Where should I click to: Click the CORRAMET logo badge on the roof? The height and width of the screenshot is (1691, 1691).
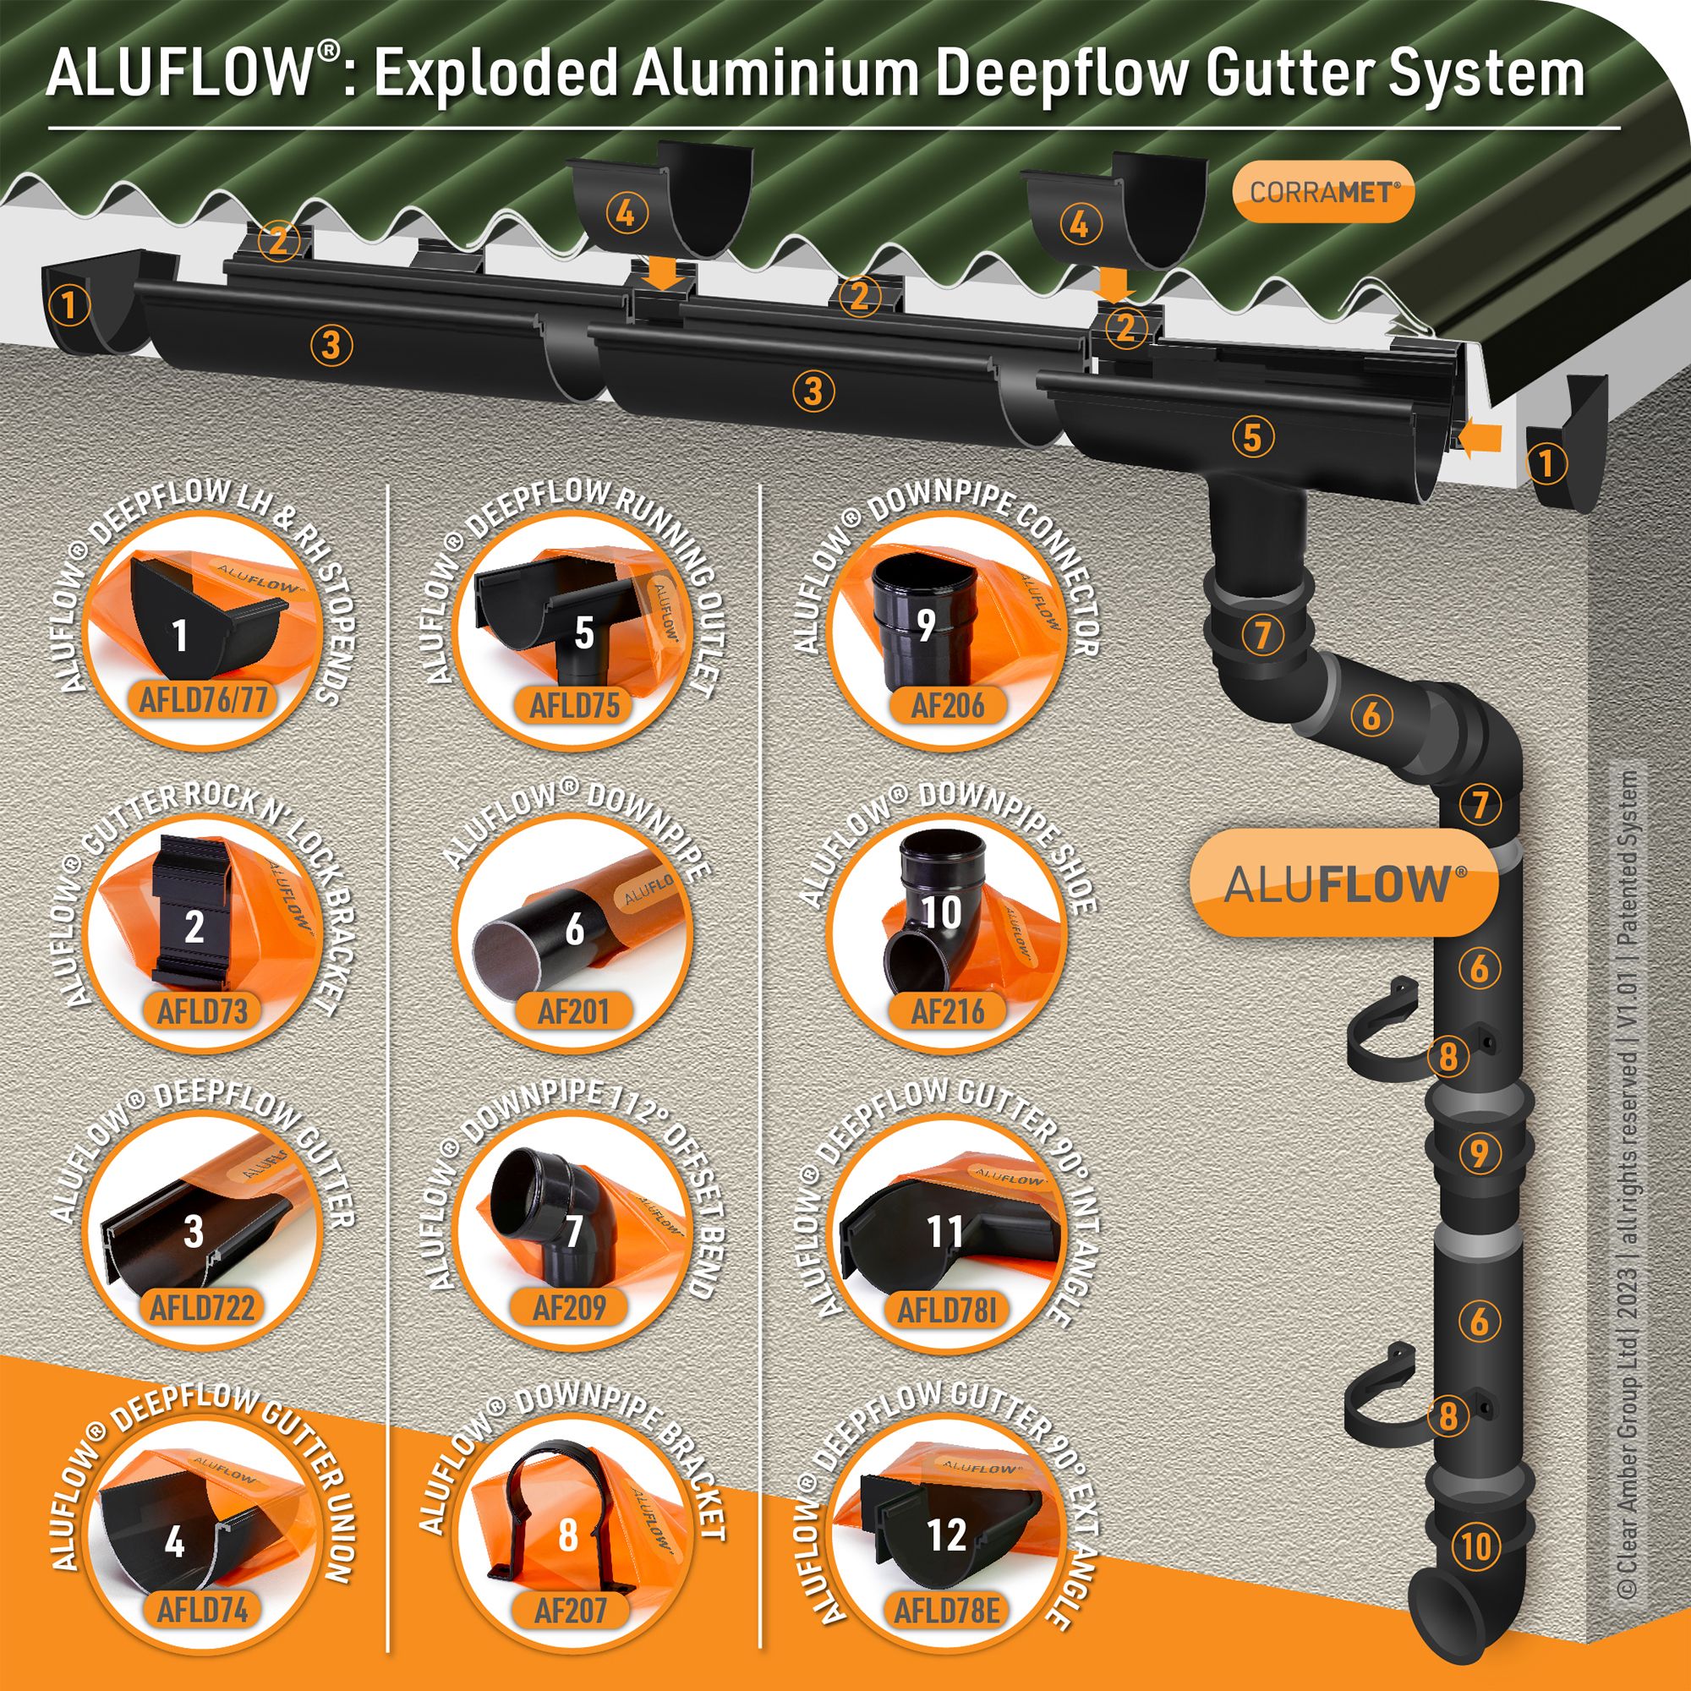click(1322, 192)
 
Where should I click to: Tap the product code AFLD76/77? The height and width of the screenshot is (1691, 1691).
click(203, 699)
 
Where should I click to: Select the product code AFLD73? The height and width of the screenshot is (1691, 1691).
click(202, 1011)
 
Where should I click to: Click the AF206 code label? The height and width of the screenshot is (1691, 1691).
click(948, 704)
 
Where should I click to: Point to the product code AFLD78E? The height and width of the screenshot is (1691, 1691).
click(946, 1610)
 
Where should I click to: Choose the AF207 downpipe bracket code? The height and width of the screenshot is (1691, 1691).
click(571, 1610)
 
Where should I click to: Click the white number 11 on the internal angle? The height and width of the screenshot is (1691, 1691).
click(945, 1232)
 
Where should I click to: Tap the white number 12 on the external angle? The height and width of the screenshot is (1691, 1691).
click(946, 1535)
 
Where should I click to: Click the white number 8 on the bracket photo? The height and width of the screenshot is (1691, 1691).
click(568, 1535)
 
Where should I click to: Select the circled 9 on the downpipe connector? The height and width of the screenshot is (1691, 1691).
click(1478, 1152)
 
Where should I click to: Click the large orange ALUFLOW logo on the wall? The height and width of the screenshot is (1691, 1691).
click(1343, 884)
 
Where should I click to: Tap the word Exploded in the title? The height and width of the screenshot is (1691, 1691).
click(496, 74)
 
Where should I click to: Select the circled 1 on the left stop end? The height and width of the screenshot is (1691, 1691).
click(69, 305)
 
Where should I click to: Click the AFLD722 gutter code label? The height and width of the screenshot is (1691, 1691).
click(202, 1309)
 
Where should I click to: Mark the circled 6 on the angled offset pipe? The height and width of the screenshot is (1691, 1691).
click(1371, 715)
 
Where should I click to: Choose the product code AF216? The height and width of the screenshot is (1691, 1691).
click(948, 1011)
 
